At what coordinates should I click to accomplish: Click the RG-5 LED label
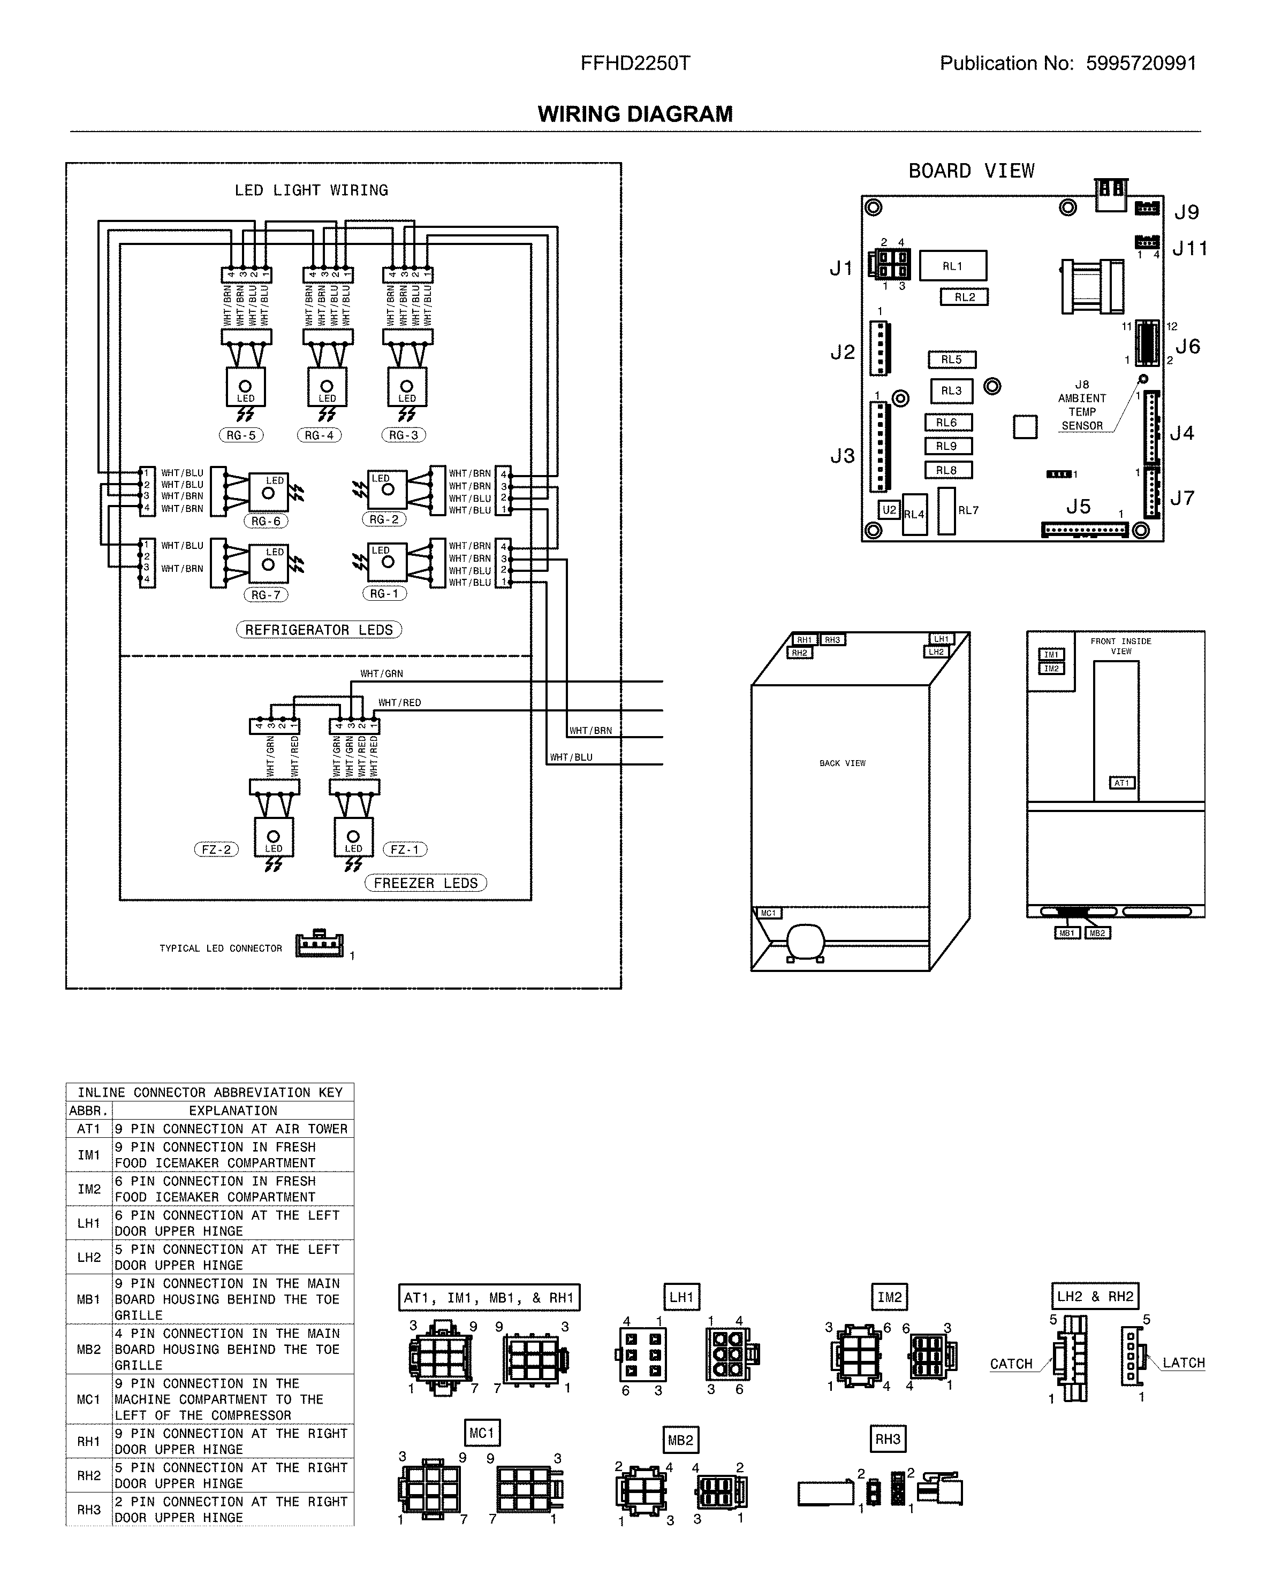(x=241, y=435)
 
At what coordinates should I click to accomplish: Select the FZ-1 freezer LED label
(x=405, y=849)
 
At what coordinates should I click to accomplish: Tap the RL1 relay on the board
(x=952, y=266)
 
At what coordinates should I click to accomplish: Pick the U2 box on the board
(x=889, y=510)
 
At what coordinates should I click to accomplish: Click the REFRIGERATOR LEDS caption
(x=319, y=630)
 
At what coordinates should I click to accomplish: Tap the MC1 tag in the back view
(x=768, y=913)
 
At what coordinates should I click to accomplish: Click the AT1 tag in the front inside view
(x=1121, y=783)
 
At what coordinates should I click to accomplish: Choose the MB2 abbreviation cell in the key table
(x=88, y=1349)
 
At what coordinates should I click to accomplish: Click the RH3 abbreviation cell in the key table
(x=88, y=1509)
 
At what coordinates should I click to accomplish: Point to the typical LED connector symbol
(x=319, y=945)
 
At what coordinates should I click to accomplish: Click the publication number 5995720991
(x=1141, y=64)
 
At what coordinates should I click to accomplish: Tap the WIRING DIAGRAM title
(x=634, y=114)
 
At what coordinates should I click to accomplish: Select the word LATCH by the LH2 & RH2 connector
(x=1184, y=1362)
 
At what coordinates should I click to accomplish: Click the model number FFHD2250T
(x=634, y=64)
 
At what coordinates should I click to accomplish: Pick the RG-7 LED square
(x=269, y=564)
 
